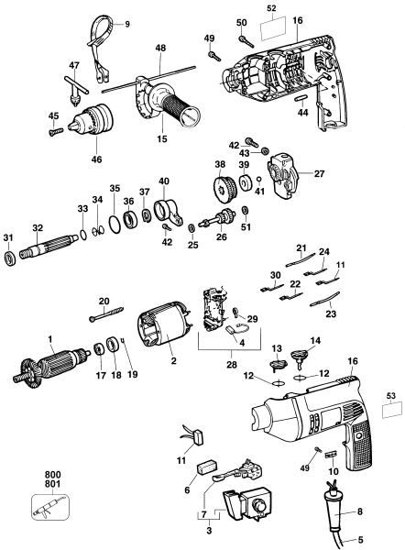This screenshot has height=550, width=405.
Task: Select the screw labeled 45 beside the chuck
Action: pos(55,131)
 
